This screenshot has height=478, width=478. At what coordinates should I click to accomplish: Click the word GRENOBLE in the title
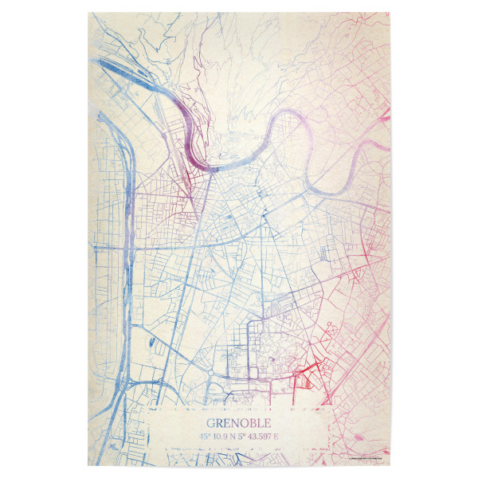[x=239, y=421]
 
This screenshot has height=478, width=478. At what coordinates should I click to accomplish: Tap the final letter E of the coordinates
[x=284, y=437]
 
